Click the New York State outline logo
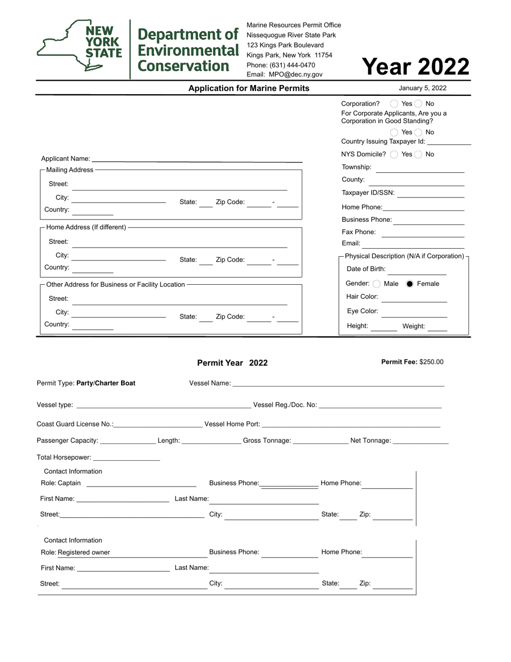pos(80,46)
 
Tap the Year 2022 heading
pos(415,67)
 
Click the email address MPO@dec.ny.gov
pos(296,75)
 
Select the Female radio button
pos(410,284)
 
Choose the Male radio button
pos(377,284)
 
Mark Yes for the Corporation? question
pos(394,104)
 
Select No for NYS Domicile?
pos(418,154)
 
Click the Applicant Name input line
pos(197,159)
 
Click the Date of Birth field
pos(416,270)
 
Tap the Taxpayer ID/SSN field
pos(430,194)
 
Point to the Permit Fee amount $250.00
pos(431,362)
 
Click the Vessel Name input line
pos(338,384)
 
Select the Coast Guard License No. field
pos(158,425)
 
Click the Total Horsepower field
pos(126,458)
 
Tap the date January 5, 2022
pos(422,88)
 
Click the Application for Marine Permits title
pos(249,88)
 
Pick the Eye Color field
pos(414,312)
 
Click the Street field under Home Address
pos(180,243)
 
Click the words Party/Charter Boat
pos(106,384)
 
